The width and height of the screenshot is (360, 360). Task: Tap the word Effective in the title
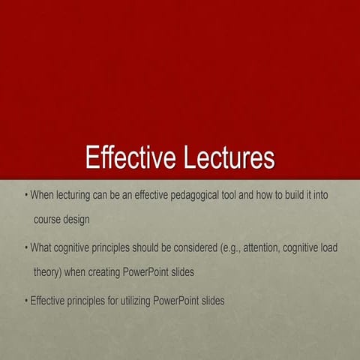click(x=127, y=159)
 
